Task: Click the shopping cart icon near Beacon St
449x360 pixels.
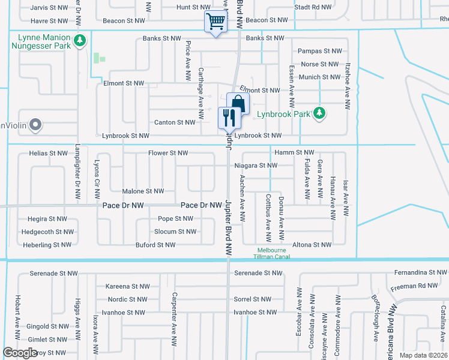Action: pyautogui.click(x=216, y=22)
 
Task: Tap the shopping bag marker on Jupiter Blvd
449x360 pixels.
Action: pyautogui.click(x=238, y=104)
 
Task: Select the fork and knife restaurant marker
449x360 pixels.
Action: pyautogui.click(x=229, y=117)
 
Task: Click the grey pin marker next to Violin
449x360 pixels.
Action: pyautogui.click(x=35, y=125)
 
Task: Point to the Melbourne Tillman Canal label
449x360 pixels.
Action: pyautogui.click(x=274, y=253)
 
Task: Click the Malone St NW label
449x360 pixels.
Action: pyautogui.click(x=143, y=191)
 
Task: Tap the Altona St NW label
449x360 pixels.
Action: pyautogui.click(x=311, y=245)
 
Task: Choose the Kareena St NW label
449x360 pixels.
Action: pyautogui.click(x=127, y=286)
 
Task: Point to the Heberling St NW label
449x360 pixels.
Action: pyautogui.click(x=47, y=245)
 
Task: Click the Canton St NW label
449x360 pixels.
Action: pyautogui.click(x=175, y=122)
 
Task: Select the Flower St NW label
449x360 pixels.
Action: pyautogui.click(x=168, y=154)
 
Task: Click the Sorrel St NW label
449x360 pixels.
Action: pyautogui.click(x=253, y=299)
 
